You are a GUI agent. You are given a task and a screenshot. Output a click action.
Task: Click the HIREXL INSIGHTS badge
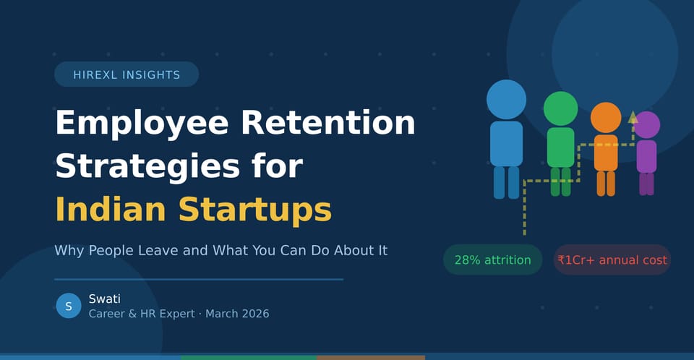[127, 74]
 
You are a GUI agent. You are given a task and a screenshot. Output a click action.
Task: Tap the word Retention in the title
[328, 123]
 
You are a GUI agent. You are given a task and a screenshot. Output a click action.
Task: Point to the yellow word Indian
[110, 209]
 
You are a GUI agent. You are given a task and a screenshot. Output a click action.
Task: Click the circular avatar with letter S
[68, 306]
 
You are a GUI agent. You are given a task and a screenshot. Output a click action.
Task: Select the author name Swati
[104, 299]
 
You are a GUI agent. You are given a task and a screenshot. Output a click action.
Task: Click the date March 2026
[237, 314]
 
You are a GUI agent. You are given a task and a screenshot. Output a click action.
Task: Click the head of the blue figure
[506, 99]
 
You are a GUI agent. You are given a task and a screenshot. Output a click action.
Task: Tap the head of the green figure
[560, 108]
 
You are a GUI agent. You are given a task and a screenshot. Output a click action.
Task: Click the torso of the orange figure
[606, 153]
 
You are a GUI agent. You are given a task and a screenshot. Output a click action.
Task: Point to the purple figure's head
[646, 125]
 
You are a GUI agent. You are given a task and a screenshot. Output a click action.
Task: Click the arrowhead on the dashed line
[633, 116]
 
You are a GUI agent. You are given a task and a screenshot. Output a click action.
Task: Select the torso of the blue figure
[506, 143]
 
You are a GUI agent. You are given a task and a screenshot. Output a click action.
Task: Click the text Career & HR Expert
[141, 314]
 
